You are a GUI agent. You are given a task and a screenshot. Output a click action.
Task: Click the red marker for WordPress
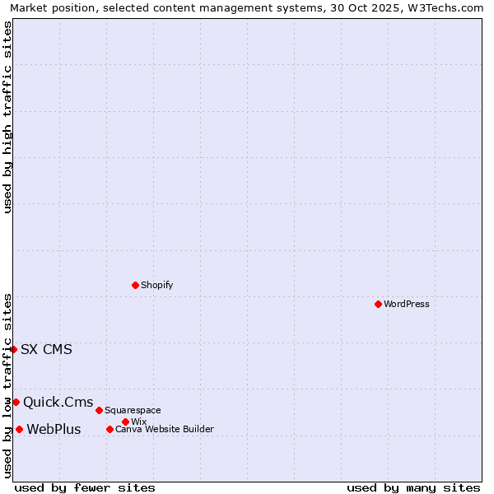pos(378,304)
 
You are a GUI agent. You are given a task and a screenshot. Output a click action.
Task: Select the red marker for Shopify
pos(135,285)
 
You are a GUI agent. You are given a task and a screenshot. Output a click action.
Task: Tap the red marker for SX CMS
pos(13,349)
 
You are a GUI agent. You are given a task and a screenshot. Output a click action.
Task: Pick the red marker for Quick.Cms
pos(16,402)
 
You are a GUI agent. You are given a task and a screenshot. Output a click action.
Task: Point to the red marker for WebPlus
pos(19,429)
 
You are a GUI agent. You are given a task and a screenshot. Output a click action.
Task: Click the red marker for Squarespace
pos(99,410)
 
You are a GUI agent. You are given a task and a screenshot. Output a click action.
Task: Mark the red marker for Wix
pos(125,422)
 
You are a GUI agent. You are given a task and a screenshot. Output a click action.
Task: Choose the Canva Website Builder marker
pos(110,429)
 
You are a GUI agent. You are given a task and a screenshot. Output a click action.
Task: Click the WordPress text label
pos(407,304)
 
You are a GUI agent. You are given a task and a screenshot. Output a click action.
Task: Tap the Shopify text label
pos(156,285)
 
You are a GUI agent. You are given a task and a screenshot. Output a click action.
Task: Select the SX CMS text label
pos(46,349)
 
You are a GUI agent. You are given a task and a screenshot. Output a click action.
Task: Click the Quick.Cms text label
pos(58,402)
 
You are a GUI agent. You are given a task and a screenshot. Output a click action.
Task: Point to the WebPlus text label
pos(54,429)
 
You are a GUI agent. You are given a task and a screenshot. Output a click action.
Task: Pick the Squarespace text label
pos(133,410)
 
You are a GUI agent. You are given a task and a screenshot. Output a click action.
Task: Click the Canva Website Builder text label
pos(164,429)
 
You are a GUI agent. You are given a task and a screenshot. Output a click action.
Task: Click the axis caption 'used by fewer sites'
pos(85,487)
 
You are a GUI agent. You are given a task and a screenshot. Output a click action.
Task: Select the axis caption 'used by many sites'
pos(413,487)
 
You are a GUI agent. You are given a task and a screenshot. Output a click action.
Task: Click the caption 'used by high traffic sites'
pos(7,117)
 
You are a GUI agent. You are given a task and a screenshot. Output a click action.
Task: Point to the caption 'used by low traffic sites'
pos(7,385)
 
